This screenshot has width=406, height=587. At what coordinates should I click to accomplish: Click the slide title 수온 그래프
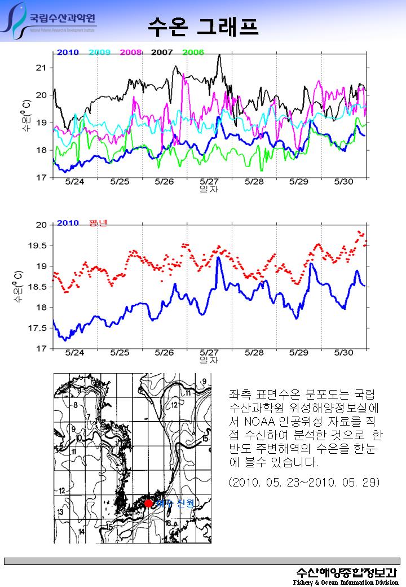point(202,26)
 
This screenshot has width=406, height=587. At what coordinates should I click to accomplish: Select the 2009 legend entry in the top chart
point(99,52)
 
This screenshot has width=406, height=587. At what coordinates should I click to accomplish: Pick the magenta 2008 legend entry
point(131,52)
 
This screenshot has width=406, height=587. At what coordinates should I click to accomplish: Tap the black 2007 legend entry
point(162,52)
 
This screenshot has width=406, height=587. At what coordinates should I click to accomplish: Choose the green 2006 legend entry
point(193,52)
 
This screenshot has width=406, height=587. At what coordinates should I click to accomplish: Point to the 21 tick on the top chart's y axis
point(41,68)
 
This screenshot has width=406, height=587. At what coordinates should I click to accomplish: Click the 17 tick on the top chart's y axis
point(41,178)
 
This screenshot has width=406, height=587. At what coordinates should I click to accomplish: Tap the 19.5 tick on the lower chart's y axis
point(38,246)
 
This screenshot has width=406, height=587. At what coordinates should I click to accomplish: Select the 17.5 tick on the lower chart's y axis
point(38,328)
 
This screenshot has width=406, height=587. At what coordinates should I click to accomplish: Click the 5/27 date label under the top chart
point(209,182)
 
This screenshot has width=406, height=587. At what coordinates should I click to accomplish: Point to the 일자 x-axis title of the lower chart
point(209,360)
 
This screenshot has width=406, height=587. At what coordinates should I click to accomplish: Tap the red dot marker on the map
point(148,503)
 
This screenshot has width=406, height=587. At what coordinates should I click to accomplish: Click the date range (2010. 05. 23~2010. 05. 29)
point(304,483)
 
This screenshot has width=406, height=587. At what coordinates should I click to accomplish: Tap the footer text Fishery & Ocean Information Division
point(345,582)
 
